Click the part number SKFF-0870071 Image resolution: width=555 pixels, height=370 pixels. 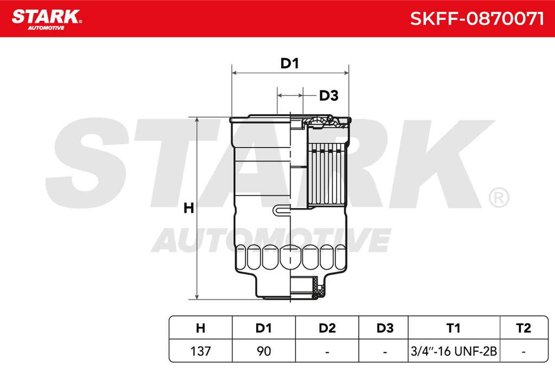476,18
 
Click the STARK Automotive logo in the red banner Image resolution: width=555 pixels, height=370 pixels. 47,20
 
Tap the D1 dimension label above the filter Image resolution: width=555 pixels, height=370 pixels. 289,63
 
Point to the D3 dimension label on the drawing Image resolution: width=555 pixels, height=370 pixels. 329,95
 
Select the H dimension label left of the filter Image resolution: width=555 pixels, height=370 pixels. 189,208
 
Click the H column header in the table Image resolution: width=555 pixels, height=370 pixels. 201,328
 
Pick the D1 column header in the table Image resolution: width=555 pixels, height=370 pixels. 264,328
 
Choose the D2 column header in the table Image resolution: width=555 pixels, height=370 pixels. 327,328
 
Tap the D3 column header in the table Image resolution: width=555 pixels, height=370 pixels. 385,328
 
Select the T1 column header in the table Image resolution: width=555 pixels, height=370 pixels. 454,328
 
